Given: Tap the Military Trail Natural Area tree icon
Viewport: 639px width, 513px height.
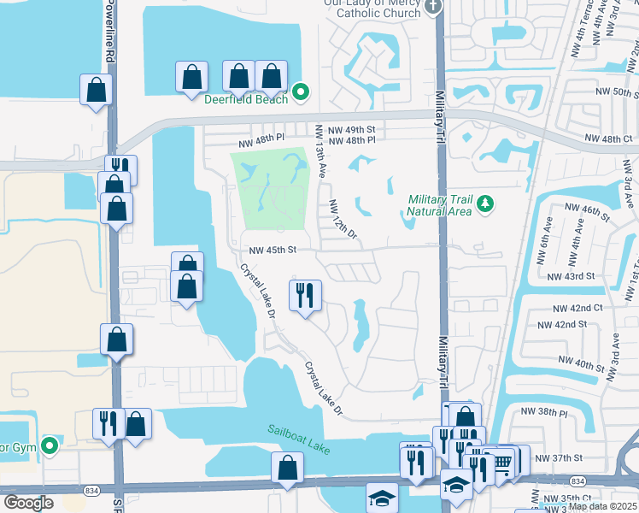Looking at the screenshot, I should tap(485, 203).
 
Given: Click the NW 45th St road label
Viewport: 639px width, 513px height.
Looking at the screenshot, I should tap(272, 251).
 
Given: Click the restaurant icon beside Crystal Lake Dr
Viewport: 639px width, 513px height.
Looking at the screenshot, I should tap(305, 296).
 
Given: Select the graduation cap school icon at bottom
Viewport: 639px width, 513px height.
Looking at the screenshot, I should tap(382, 497).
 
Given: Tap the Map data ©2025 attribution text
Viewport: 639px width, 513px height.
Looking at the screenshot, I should tap(602, 506).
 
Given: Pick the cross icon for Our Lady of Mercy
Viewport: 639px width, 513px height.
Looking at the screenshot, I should tap(434, 7).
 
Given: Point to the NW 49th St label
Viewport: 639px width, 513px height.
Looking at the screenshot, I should tap(356, 130).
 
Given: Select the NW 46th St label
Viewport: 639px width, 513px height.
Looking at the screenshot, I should tap(585, 208).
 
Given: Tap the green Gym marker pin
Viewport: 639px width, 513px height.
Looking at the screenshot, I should tap(50, 445).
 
